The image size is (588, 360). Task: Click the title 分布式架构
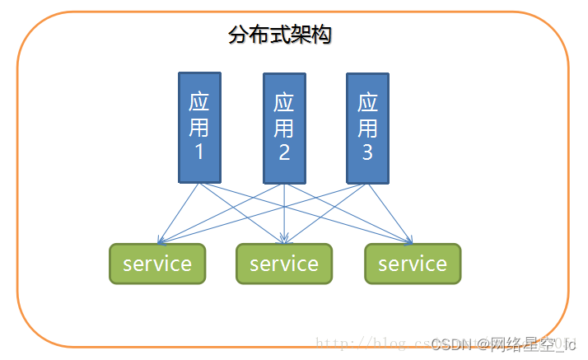279,35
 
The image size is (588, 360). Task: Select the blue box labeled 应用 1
199,127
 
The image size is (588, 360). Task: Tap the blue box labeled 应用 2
284,129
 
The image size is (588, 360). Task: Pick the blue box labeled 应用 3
367,128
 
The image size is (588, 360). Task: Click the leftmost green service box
157,264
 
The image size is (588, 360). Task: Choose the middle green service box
284,264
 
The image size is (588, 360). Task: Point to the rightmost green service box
413,264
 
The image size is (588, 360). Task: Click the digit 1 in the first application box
199,152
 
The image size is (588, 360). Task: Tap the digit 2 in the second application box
284,152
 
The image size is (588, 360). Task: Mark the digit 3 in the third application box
367,152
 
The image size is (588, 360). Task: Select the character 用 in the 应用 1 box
199,128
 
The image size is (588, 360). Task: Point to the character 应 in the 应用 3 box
367,103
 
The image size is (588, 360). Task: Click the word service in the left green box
157,264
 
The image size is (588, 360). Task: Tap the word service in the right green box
413,264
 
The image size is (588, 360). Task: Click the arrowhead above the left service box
160,241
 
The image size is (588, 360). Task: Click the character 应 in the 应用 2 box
284,104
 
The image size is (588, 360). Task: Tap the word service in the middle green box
284,264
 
